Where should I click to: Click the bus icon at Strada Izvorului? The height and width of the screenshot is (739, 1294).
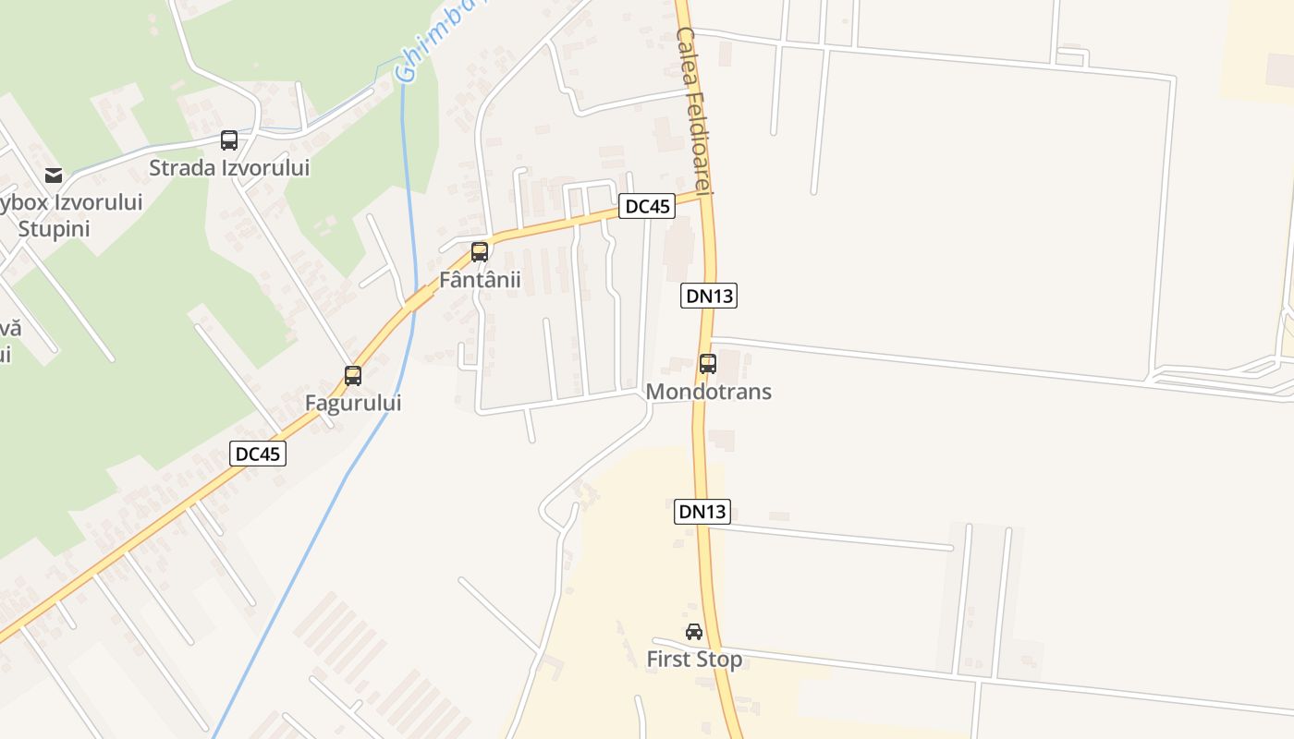click(x=229, y=140)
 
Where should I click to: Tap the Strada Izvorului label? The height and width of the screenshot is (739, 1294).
click(x=229, y=168)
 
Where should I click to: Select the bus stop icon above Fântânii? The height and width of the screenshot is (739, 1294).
click(x=480, y=252)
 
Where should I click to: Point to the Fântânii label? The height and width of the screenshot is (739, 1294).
click(x=480, y=279)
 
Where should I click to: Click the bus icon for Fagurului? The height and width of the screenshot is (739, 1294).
click(x=353, y=376)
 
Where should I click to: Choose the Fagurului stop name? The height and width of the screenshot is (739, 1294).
click(x=353, y=404)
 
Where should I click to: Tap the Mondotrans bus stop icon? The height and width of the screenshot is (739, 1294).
click(x=708, y=364)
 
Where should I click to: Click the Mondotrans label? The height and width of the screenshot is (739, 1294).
click(x=708, y=392)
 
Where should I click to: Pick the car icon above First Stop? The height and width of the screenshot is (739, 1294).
click(x=694, y=632)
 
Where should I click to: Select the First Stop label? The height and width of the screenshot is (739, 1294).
click(x=694, y=660)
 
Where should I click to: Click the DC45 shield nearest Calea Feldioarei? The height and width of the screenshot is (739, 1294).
click(x=647, y=206)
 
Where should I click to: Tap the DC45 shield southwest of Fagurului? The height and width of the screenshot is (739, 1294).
click(x=258, y=454)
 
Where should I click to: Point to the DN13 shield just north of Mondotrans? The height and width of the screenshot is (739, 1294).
click(x=709, y=296)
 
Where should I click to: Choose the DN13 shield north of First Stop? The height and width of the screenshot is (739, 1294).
click(x=702, y=511)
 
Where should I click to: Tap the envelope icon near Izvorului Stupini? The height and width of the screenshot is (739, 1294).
click(x=54, y=176)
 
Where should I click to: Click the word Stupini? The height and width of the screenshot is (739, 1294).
click(x=54, y=228)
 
